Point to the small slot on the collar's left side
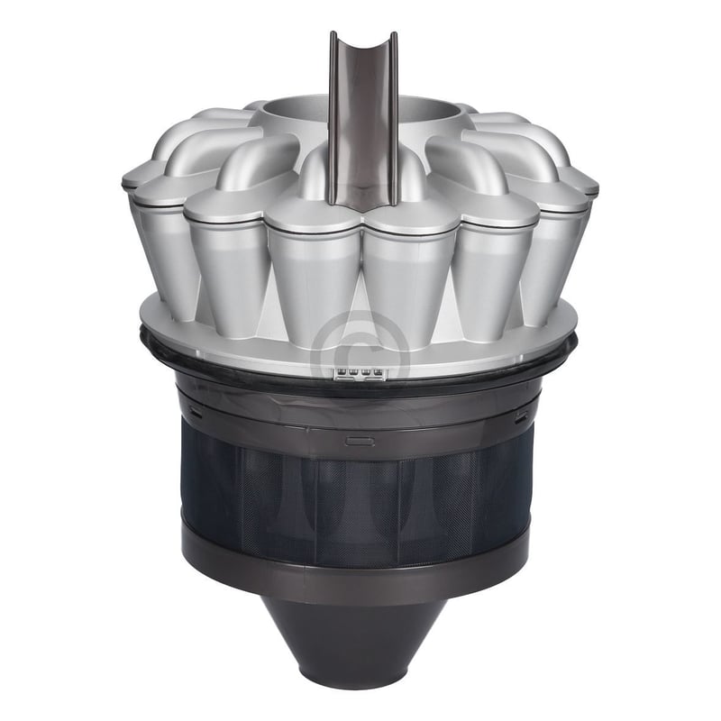point(195,413)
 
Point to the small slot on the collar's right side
point(522,415)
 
